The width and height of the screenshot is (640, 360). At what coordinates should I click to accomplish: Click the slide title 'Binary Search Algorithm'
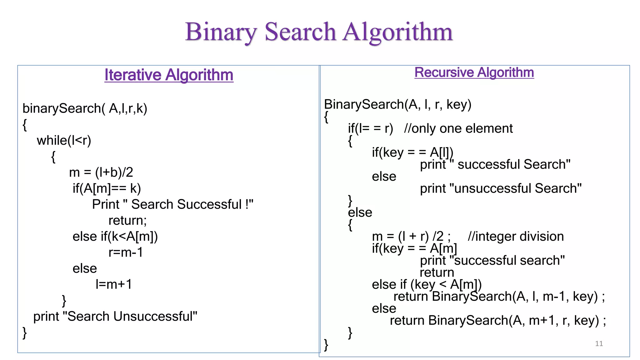tap(319, 32)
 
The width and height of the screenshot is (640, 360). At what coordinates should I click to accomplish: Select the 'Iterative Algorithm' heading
tap(169, 75)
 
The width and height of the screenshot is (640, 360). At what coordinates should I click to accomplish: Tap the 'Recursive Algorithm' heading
tap(474, 72)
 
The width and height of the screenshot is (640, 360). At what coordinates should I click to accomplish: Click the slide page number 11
tap(599, 343)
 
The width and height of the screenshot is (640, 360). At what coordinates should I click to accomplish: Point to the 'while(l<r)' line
tap(64, 140)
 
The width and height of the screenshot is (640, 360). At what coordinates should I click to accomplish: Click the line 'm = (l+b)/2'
tap(101, 172)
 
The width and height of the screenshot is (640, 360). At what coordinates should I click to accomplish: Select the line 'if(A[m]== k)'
tap(107, 188)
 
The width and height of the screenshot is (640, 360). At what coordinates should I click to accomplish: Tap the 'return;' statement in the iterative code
tap(127, 221)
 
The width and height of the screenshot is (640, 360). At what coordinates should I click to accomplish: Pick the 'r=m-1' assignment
tap(126, 252)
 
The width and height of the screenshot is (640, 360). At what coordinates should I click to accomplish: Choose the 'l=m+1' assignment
tap(114, 284)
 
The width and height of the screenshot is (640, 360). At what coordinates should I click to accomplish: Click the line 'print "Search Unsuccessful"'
tap(115, 317)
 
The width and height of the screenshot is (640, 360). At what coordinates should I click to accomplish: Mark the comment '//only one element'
tap(458, 128)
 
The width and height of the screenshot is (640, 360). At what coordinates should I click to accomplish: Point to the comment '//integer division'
tap(516, 237)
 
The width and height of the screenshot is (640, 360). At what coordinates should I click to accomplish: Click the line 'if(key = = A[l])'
tap(412, 152)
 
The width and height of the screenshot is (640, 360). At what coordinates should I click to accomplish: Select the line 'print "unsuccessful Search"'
tap(501, 188)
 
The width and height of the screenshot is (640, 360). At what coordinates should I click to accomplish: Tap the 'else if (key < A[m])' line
tap(427, 285)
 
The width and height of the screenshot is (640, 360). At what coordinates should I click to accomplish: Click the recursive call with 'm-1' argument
tap(499, 297)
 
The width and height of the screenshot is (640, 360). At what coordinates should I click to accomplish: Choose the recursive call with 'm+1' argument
tap(498, 321)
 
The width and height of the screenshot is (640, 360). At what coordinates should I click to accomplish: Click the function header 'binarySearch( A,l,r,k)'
tap(85, 108)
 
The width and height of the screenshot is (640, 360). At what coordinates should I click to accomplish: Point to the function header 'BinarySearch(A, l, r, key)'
tap(397, 104)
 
